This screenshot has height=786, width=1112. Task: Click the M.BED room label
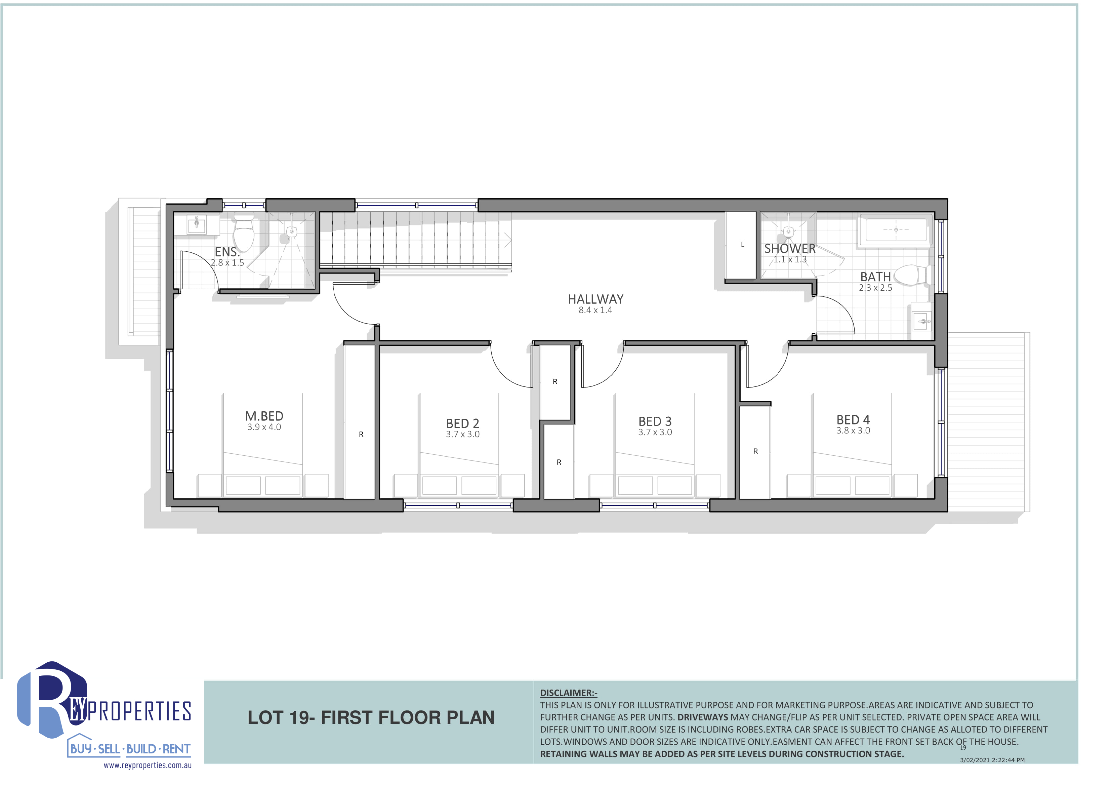coord(264,416)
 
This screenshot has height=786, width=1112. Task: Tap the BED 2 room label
coord(462,423)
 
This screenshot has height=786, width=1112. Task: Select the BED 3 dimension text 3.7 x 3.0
coord(655,432)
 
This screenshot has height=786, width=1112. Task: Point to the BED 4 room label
coord(853,419)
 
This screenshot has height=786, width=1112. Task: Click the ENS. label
coord(227,252)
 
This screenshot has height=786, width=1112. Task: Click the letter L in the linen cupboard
coord(742,245)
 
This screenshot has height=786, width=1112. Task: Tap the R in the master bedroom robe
coord(361,435)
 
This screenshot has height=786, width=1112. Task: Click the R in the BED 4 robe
coord(755,451)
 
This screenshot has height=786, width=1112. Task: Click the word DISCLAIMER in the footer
coord(567,693)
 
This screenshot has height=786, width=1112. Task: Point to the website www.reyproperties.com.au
coord(148,766)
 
